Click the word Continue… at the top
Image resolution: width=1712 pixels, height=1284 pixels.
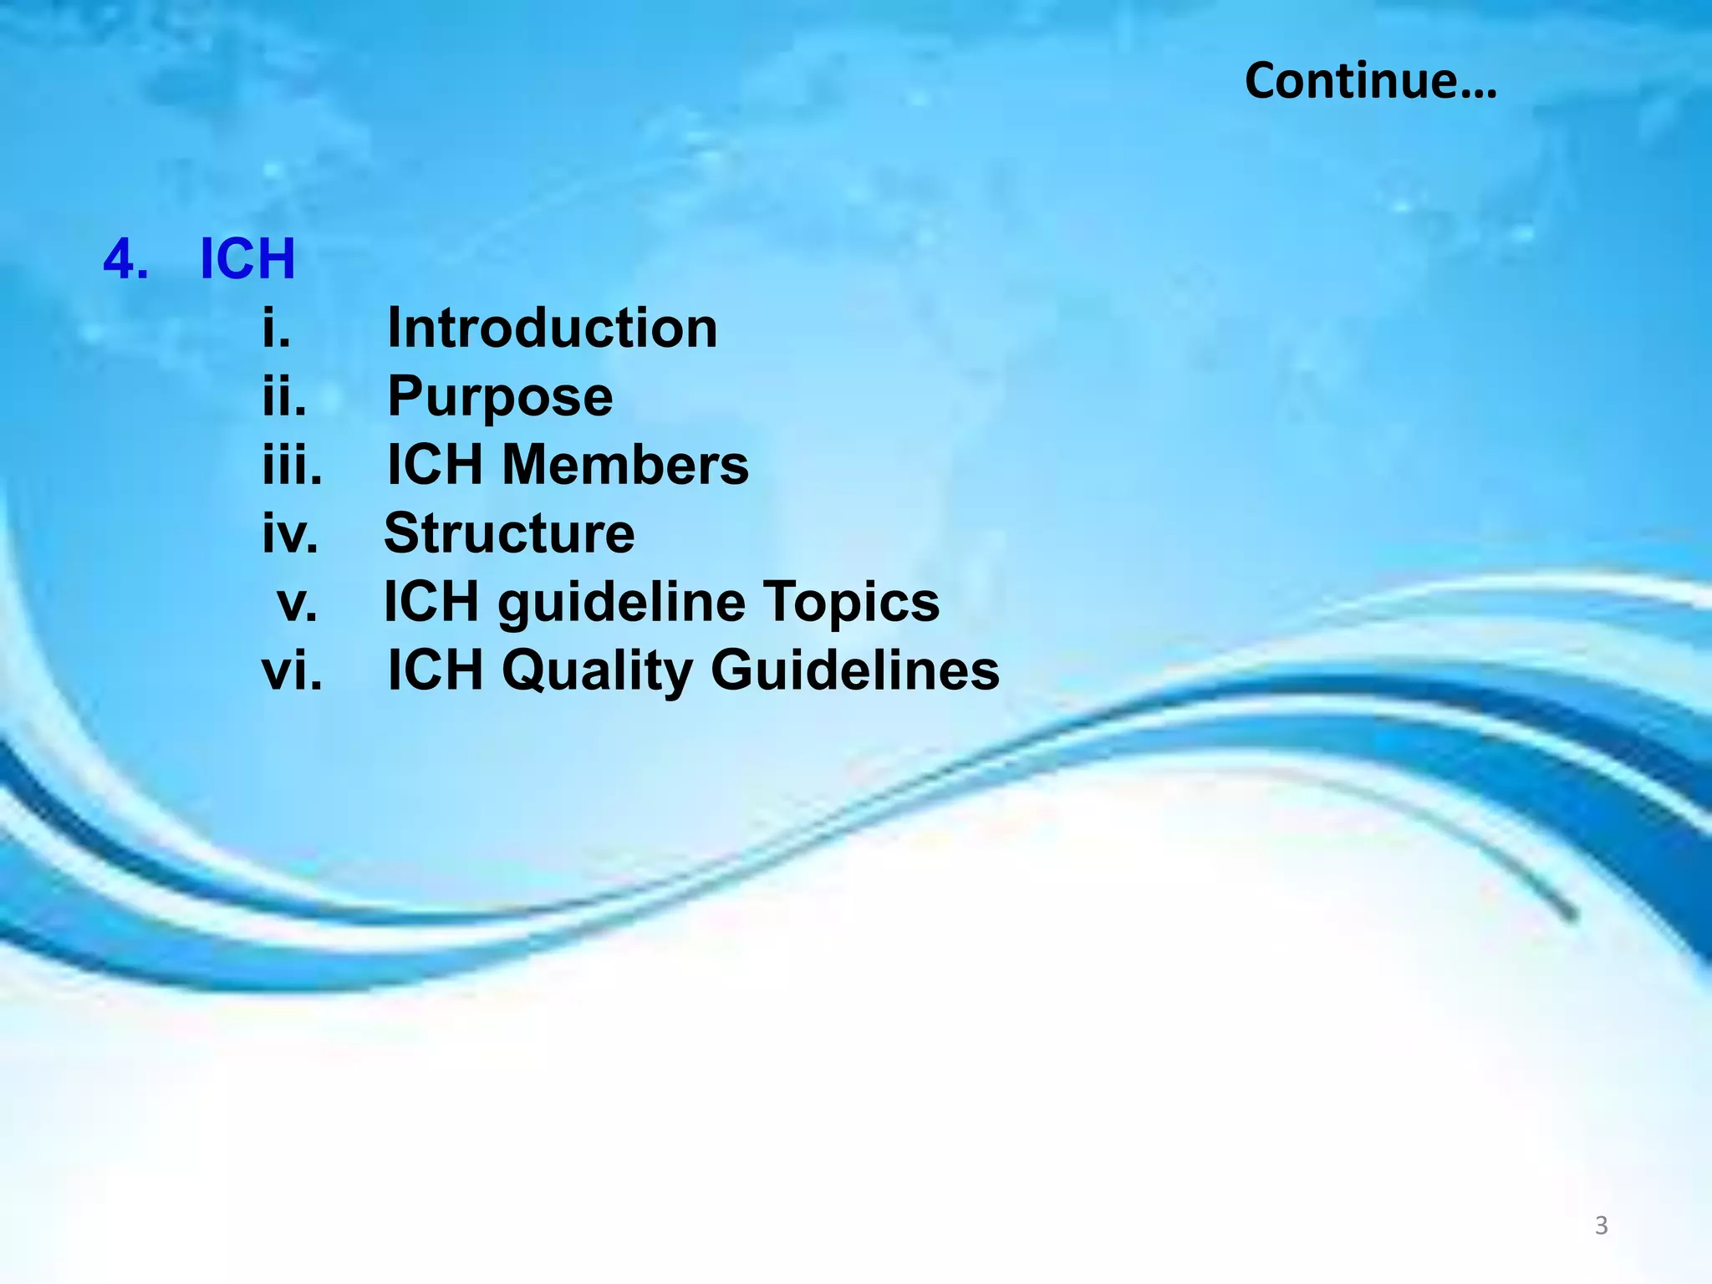pos(1370,81)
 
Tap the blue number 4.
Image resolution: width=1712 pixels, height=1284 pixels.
pos(125,259)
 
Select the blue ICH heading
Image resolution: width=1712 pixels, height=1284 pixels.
pos(247,259)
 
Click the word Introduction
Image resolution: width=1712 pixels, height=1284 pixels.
pos(552,328)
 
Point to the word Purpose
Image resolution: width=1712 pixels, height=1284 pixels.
pos(500,396)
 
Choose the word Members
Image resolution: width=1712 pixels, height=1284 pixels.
pos(624,465)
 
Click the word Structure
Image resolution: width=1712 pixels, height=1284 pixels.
pos(509,533)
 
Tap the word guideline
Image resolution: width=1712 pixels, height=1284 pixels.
pos(621,604)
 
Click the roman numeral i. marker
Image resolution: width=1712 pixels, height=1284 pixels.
pos(276,328)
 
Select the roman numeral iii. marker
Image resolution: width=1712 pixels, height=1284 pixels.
pos(292,465)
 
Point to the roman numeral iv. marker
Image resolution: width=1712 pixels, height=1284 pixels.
pos(290,533)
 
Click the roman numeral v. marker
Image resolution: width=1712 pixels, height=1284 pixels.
pos(298,604)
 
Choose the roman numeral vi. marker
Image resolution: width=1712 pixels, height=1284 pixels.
pos(292,671)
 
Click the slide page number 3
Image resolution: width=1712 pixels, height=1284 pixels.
pos(1601,1225)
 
